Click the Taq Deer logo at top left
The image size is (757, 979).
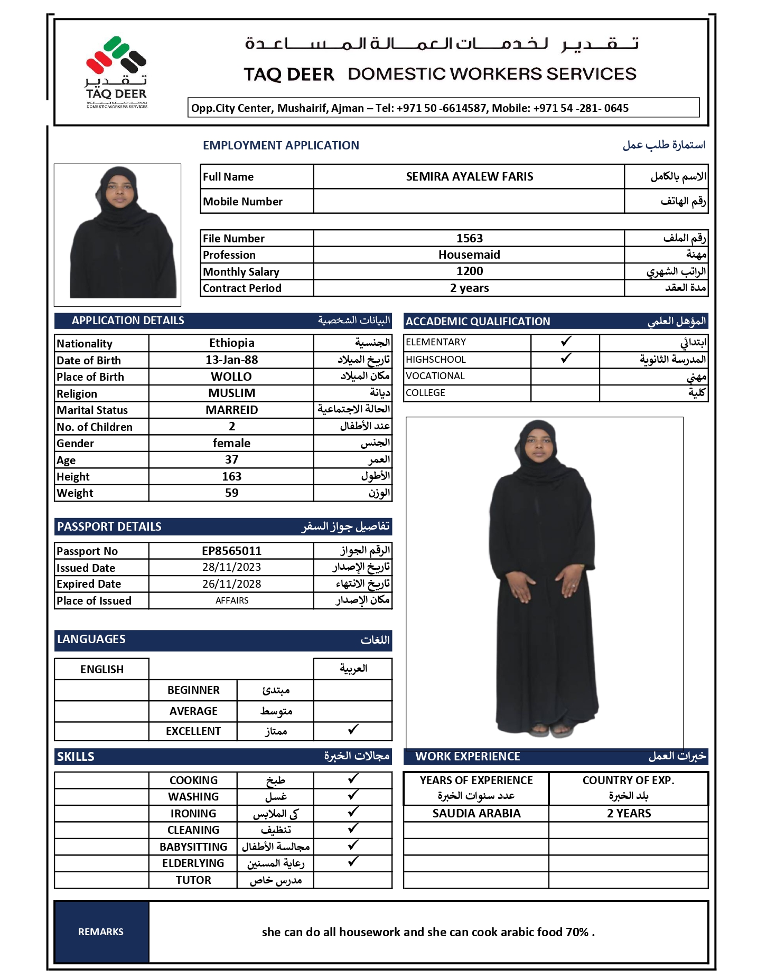[x=116, y=72]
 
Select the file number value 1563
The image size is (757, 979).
[x=469, y=238]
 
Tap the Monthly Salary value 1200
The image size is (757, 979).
[x=469, y=271]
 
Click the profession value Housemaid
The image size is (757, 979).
[x=469, y=255]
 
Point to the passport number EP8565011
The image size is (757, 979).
[x=231, y=551]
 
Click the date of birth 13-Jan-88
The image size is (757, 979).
[x=231, y=360]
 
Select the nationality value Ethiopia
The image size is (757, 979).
[x=231, y=343]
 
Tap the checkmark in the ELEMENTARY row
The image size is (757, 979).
[x=565, y=342]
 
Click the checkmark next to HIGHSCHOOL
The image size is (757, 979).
[x=565, y=359]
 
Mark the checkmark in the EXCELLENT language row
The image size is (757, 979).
[x=353, y=730]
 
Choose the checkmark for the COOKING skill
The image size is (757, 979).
[x=353, y=778]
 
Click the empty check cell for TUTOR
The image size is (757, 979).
[x=353, y=880]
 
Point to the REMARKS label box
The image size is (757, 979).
[x=101, y=932]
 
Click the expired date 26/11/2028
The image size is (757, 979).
[x=231, y=584]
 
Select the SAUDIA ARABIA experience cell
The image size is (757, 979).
[x=476, y=814]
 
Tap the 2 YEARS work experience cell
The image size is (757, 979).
[x=629, y=814]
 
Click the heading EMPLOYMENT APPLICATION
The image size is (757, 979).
[x=281, y=146]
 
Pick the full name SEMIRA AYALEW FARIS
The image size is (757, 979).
[x=469, y=177]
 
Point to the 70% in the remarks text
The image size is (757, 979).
[x=577, y=933]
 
